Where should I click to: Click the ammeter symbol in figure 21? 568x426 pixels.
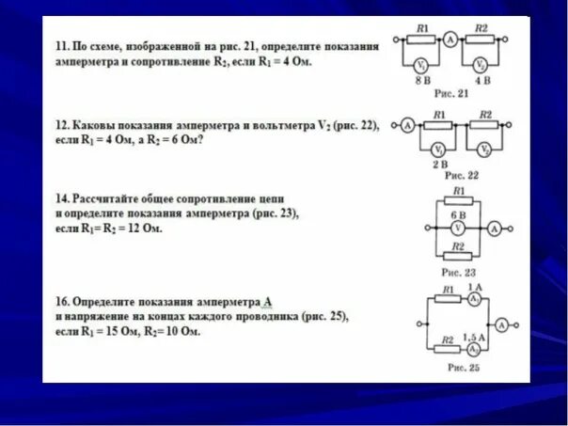click(x=450, y=39)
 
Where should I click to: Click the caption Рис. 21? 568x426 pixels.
click(x=450, y=94)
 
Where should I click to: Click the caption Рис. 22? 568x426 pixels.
click(x=459, y=176)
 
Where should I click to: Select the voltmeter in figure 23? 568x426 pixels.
click(x=456, y=228)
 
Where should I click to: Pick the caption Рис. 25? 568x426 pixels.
click(x=461, y=368)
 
